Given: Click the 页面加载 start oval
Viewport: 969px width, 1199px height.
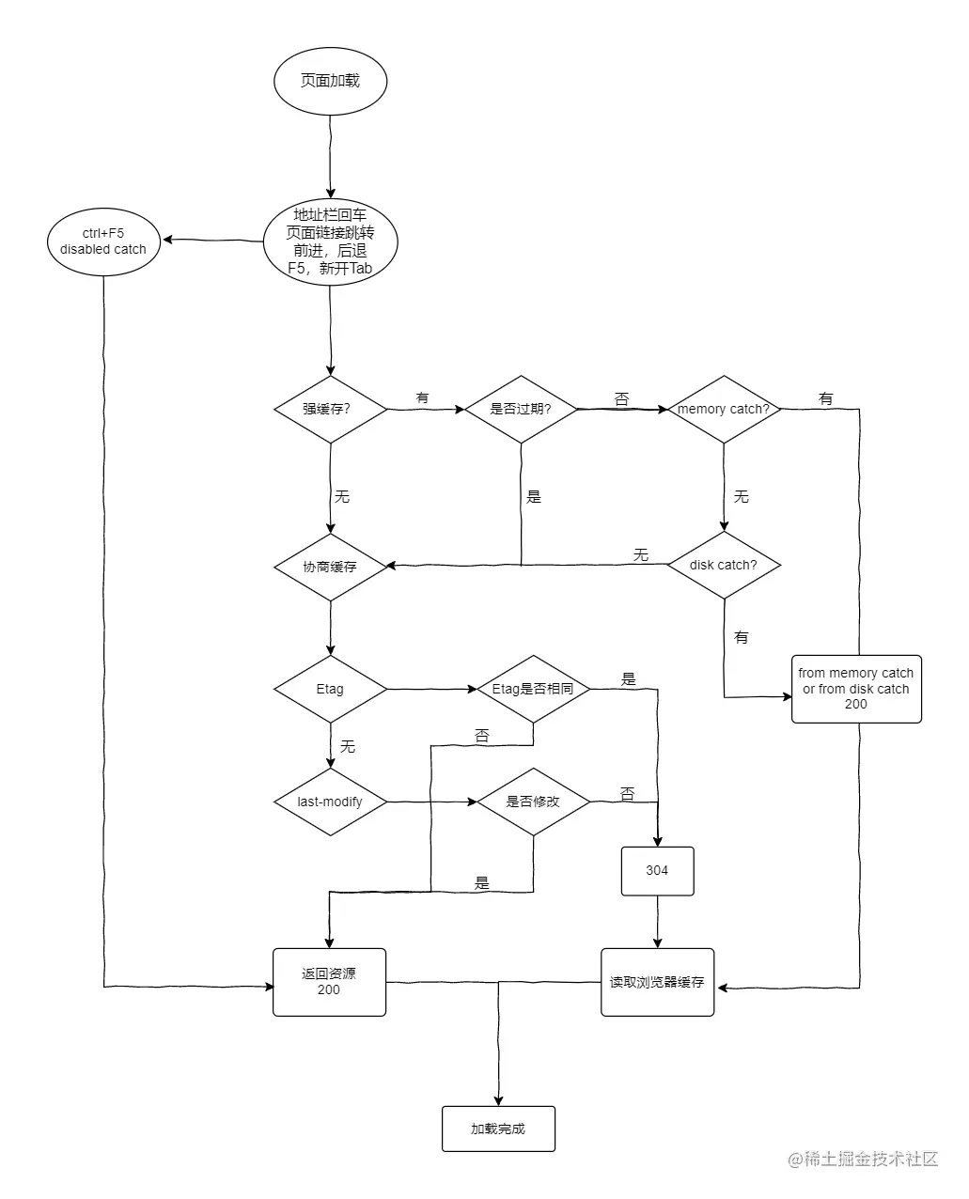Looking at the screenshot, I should [x=330, y=81].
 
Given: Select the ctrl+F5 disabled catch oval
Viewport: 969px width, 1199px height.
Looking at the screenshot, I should [x=103, y=241].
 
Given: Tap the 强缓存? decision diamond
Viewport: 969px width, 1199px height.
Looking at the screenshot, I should [x=330, y=409].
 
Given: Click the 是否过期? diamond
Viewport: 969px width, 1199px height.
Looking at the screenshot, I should [x=521, y=409].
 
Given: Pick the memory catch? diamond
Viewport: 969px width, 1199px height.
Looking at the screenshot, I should [x=724, y=409].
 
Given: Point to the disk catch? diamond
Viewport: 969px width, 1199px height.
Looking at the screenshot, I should [x=724, y=565].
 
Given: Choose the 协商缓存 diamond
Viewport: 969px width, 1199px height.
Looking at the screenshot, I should [x=330, y=567].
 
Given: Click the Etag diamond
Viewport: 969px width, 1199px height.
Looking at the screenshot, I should [x=330, y=689].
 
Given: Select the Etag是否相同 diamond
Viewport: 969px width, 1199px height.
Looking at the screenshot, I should [x=533, y=689].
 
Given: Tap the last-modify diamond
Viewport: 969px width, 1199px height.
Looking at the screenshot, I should [x=330, y=802].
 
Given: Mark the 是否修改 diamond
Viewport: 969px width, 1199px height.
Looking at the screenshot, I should [x=533, y=802].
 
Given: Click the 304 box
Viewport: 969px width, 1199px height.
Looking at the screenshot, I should [x=657, y=871].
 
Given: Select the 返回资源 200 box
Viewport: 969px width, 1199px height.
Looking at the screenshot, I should [x=329, y=982].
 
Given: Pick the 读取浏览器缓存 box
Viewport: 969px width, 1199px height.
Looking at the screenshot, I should [x=657, y=982].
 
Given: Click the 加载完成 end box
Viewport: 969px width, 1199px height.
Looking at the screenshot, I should [x=498, y=1129].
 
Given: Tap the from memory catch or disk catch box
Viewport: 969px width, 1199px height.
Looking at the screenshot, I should [x=856, y=689].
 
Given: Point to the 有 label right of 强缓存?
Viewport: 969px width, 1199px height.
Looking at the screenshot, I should [x=422, y=398].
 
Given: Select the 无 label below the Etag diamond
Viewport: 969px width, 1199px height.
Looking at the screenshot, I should [x=347, y=746].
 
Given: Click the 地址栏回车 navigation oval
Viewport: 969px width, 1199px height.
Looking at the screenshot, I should [x=330, y=242].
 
